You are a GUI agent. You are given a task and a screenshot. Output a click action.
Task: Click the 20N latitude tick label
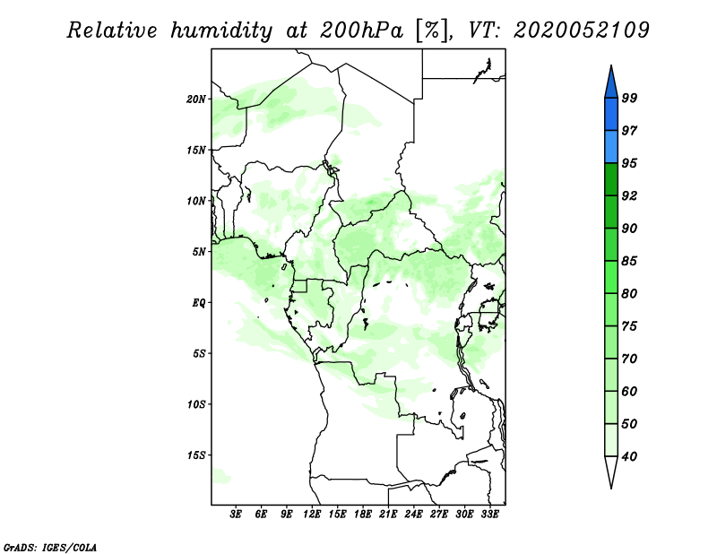(x=196, y=100)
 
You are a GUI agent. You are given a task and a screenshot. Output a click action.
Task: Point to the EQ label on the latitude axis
(x=198, y=303)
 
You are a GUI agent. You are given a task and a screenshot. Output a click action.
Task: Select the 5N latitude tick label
(x=199, y=252)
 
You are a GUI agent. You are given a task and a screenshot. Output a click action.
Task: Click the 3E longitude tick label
(x=236, y=515)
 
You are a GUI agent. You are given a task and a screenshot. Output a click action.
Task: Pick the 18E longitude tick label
(x=363, y=515)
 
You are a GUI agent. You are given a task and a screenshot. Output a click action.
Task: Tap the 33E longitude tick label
(x=489, y=515)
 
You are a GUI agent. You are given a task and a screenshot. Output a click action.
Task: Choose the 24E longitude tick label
(x=413, y=515)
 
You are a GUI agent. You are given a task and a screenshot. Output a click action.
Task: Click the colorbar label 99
(x=629, y=98)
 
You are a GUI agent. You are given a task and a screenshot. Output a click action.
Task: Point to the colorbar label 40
(x=629, y=456)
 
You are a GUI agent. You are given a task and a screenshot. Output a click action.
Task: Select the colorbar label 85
(x=629, y=261)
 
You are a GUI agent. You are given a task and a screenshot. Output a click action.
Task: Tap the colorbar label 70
(x=629, y=359)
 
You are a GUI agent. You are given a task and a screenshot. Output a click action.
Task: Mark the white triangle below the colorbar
(x=611, y=471)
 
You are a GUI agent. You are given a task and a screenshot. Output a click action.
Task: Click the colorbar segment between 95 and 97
(x=611, y=147)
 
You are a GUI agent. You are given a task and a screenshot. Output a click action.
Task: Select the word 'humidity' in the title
(x=221, y=31)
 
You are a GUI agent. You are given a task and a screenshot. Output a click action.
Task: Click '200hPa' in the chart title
(x=361, y=30)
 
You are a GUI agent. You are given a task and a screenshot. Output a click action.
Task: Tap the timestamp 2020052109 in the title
(x=581, y=30)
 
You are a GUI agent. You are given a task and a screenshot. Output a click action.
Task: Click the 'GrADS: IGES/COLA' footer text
(x=50, y=548)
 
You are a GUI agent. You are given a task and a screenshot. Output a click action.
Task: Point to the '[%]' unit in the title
(x=433, y=30)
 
